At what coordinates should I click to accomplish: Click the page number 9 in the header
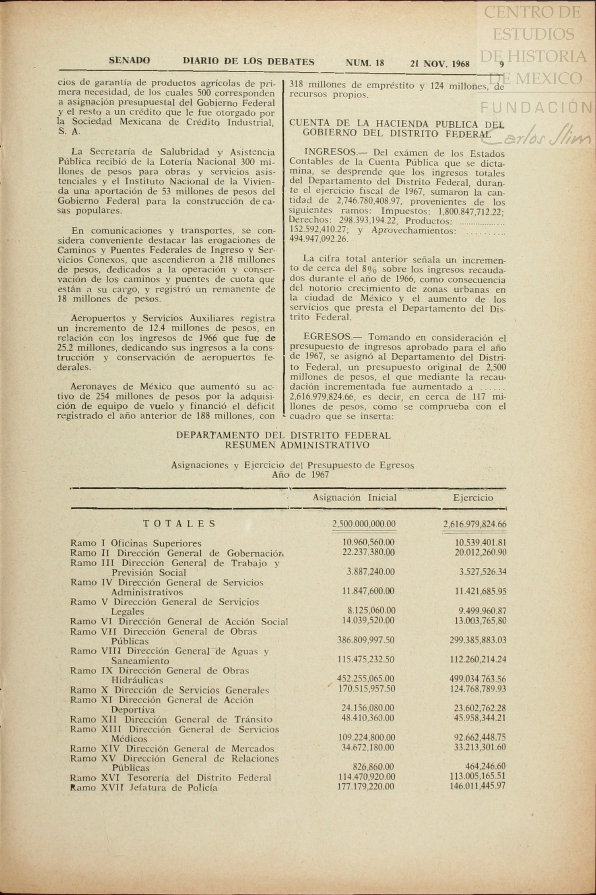(x=501, y=64)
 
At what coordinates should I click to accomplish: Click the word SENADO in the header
(x=129, y=61)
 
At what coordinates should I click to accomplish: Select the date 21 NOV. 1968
(x=440, y=63)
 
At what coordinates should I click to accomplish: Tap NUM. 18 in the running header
(x=365, y=63)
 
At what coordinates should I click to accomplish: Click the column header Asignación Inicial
(x=355, y=498)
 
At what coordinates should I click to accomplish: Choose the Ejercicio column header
(x=473, y=498)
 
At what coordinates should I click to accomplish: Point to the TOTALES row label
(x=179, y=523)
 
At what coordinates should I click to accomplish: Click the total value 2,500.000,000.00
(x=364, y=524)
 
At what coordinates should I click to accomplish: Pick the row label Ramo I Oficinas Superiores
(x=136, y=543)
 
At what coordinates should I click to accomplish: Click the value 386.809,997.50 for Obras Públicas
(x=366, y=640)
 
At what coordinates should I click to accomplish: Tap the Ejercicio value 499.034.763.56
(x=478, y=679)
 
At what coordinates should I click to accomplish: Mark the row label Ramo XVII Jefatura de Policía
(x=144, y=787)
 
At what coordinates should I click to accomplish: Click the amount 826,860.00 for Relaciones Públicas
(x=373, y=766)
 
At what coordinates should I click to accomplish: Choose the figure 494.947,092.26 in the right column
(x=319, y=239)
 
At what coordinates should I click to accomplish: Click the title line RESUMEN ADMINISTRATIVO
(x=297, y=445)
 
